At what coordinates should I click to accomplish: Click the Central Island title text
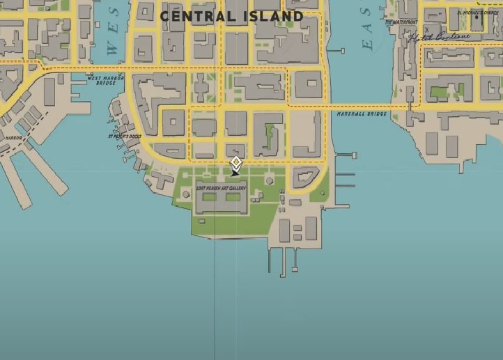(x=231, y=15)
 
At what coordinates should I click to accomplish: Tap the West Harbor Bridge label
(x=105, y=81)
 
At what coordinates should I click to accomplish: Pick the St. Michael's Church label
(x=479, y=13)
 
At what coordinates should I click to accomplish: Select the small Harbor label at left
(x=14, y=138)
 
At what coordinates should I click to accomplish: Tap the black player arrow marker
(x=235, y=172)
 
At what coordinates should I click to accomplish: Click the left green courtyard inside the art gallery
(x=210, y=198)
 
